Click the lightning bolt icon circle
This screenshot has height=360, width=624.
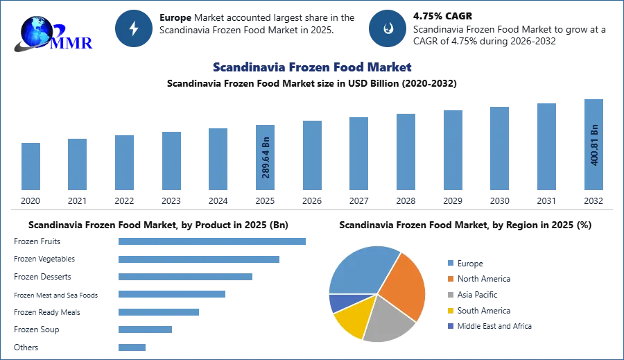[x=134, y=28]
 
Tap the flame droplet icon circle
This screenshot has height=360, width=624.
[x=388, y=28]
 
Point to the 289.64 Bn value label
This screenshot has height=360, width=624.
[x=266, y=158]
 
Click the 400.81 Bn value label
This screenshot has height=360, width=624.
[x=594, y=145]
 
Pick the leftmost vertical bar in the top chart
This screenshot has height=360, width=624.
[x=31, y=166]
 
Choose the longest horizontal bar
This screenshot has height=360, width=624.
[x=213, y=241]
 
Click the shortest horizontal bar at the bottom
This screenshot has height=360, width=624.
[x=132, y=348]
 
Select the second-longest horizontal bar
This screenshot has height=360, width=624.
[x=199, y=260]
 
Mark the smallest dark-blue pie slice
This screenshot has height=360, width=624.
[x=337, y=302]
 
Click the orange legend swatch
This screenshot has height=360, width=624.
[x=450, y=278]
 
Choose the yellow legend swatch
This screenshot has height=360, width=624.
[x=450, y=311]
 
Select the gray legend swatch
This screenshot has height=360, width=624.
[x=450, y=294]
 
